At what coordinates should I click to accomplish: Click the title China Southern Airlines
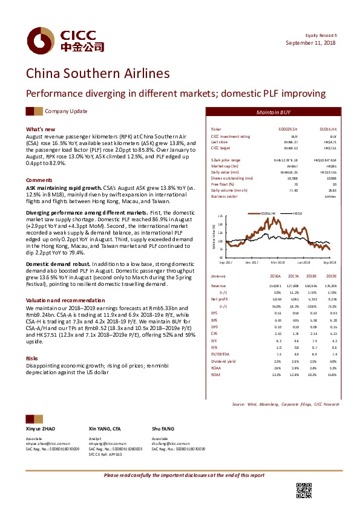coord(97,74)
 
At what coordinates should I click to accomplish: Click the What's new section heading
coord(41,129)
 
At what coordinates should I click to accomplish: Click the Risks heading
coord(32,358)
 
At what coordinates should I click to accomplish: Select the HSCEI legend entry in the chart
coord(296,213)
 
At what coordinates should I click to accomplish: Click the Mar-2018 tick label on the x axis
coord(278,262)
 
